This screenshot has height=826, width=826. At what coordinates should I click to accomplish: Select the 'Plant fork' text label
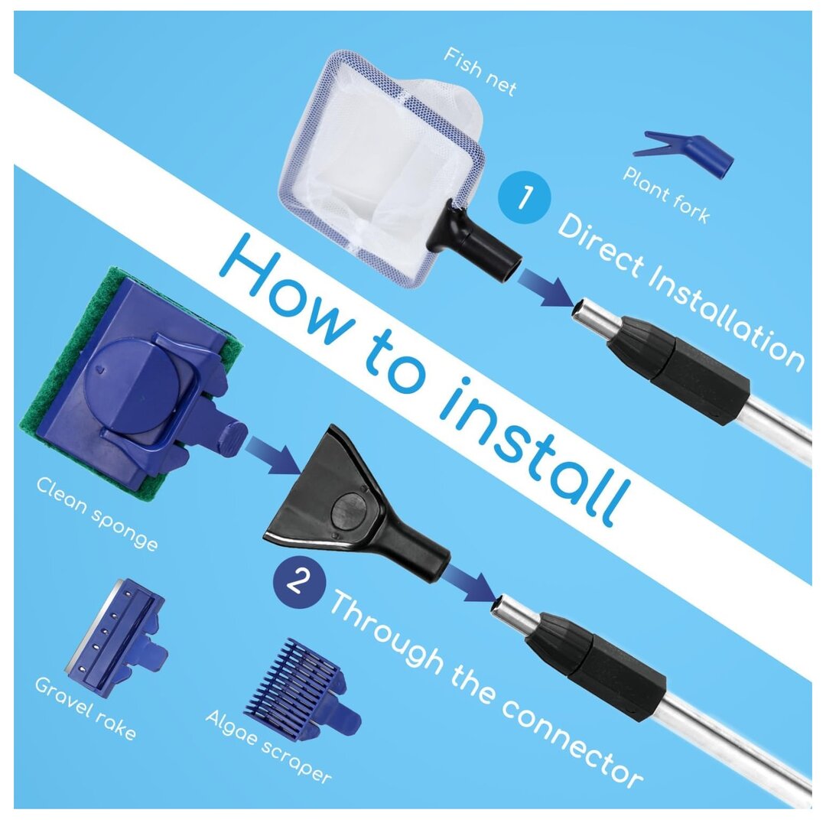666,195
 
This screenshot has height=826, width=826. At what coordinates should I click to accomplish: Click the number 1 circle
524,197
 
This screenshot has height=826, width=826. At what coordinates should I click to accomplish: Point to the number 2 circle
299,582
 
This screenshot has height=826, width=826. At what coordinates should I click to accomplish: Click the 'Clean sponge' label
97,514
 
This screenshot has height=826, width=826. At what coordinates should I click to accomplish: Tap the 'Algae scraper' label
268,746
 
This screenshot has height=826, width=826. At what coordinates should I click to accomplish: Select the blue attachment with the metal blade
117,637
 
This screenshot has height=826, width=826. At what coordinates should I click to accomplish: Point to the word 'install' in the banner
533,452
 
